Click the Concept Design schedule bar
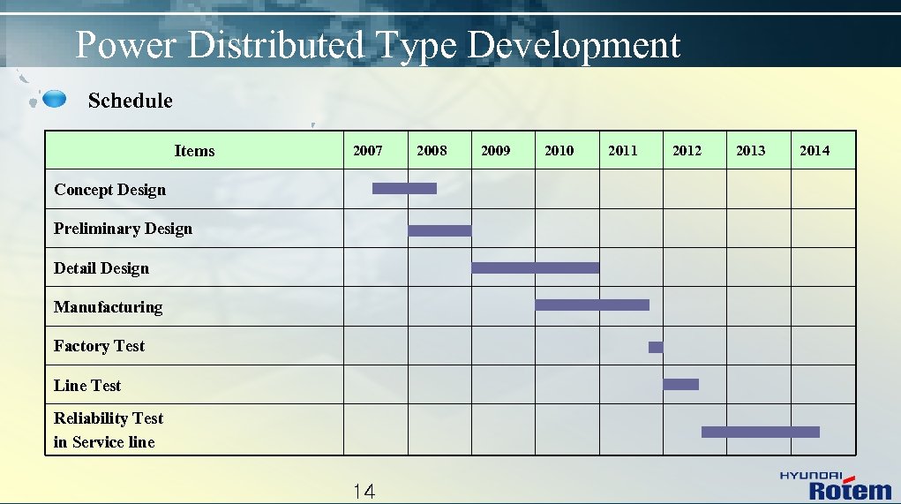click(x=404, y=188)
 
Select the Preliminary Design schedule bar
click(x=439, y=231)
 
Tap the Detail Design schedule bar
click(x=535, y=267)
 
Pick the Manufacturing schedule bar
click(x=592, y=305)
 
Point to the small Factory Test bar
click(x=656, y=347)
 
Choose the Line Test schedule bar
click(x=680, y=384)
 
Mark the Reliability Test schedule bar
click(x=760, y=432)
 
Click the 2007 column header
click(x=368, y=151)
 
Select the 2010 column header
click(x=559, y=151)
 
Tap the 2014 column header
click(x=815, y=151)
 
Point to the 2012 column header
click(x=687, y=151)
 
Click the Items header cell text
click(x=194, y=151)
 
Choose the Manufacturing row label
click(x=109, y=307)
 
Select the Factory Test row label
click(x=99, y=346)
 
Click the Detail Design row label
click(x=101, y=268)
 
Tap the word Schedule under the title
click(x=131, y=101)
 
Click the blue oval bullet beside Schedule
click(x=55, y=99)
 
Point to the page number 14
click(x=364, y=492)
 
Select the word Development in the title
click(x=574, y=45)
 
